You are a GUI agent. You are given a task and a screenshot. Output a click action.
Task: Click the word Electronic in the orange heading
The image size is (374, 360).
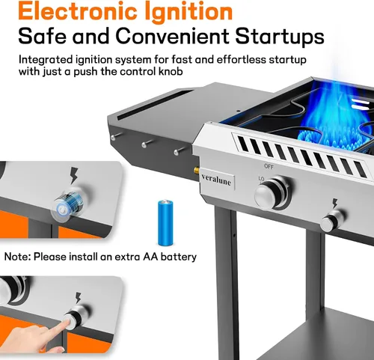(78, 11)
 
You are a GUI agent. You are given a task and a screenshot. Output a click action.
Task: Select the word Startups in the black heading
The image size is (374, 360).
(280, 37)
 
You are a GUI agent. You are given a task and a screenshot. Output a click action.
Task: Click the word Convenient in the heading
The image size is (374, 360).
(172, 36)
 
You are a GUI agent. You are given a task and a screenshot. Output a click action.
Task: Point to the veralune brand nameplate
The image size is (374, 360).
(216, 180)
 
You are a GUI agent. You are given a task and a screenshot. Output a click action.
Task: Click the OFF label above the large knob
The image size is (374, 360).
(269, 166)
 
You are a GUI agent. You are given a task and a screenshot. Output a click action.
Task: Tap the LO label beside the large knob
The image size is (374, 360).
(261, 179)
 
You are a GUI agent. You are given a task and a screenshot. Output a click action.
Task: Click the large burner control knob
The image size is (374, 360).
(272, 193)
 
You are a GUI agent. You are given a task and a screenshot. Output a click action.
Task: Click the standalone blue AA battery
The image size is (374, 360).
(165, 222)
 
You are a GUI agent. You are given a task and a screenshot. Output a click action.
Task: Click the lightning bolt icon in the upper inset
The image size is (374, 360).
(74, 176)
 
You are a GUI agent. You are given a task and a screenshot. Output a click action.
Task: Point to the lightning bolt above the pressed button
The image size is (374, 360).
(78, 298)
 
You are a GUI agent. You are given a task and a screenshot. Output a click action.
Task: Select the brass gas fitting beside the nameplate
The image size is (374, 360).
(196, 171)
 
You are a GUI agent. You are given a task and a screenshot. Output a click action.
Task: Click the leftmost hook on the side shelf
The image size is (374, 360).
(115, 136)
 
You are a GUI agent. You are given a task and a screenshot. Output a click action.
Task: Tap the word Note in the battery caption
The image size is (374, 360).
(17, 257)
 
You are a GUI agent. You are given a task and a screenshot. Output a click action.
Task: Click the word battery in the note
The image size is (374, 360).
(179, 257)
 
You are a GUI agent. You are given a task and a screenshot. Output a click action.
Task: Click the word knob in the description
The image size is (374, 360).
(171, 72)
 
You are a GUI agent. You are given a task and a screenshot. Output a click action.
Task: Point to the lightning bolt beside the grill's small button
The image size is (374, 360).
(335, 204)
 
